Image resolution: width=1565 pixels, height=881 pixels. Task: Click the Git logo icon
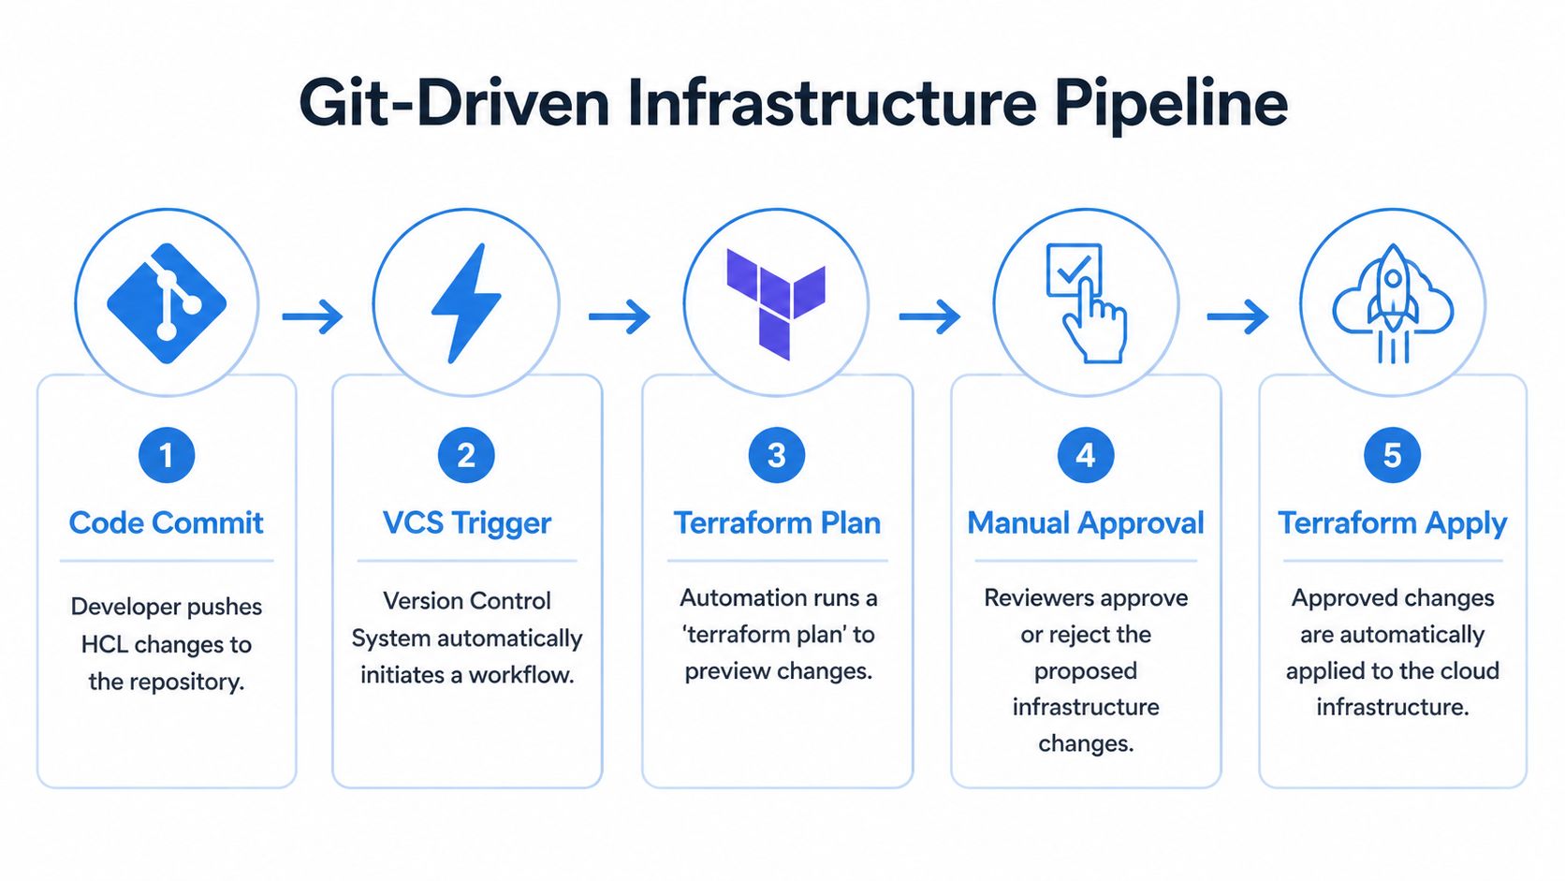[167, 303]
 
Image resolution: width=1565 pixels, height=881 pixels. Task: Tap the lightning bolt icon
[466, 303]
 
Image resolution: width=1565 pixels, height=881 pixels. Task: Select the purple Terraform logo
[776, 303]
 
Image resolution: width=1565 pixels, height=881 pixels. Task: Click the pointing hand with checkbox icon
[1086, 303]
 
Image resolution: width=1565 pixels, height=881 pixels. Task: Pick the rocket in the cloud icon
[1393, 303]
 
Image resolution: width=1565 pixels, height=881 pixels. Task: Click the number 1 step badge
[167, 455]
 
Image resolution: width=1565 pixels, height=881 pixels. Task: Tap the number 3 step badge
[776, 455]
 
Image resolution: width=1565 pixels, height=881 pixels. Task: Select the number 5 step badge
[1393, 455]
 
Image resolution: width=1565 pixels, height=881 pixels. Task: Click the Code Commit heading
[167, 522]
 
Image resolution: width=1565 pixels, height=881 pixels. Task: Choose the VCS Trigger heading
[467, 522]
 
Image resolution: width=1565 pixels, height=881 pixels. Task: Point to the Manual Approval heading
[1086, 522]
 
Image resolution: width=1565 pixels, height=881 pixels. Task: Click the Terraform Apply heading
[1393, 522]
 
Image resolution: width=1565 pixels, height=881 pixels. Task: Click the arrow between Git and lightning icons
[313, 316]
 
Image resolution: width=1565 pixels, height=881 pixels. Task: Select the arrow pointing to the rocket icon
[1237, 316]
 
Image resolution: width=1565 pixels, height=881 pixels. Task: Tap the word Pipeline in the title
[1171, 103]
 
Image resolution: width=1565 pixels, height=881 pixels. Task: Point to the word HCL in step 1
[105, 644]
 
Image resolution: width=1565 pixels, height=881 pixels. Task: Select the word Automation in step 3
[744, 597]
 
